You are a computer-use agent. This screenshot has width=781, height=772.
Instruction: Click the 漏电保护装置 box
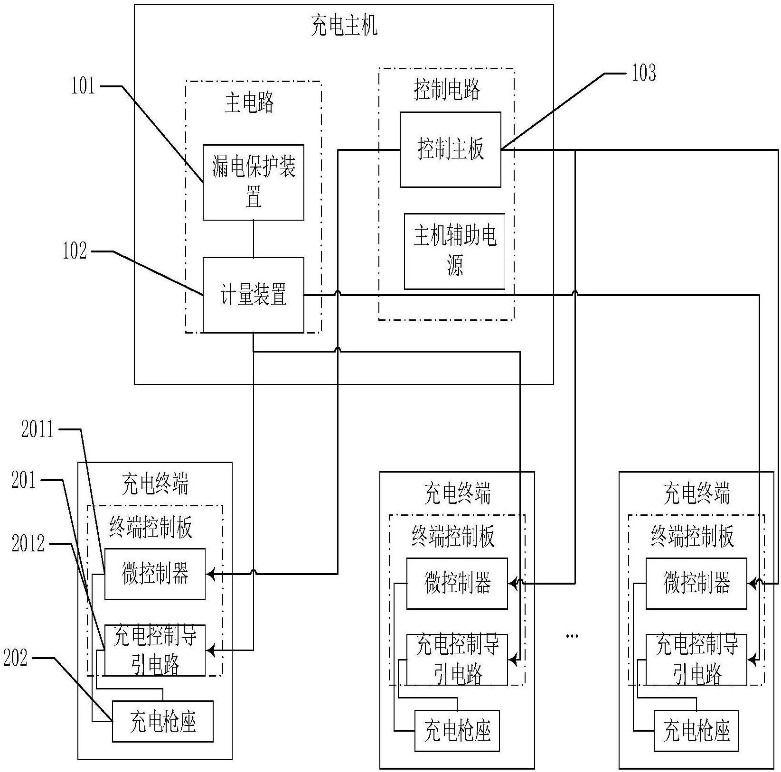tap(253, 182)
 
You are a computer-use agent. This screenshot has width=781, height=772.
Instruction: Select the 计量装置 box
tap(253, 295)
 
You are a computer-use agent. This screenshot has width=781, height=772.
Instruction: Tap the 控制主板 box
tap(450, 149)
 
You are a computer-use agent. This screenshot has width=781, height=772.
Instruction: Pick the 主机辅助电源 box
tap(454, 251)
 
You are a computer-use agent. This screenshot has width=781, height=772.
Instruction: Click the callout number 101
tap(83, 86)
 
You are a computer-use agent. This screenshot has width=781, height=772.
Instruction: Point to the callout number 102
tap(75, 251)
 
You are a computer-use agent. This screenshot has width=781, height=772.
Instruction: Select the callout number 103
tap(644, 73)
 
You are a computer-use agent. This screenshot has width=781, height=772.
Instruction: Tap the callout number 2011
tap(37, 430)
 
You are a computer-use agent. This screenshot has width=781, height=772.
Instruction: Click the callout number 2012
tap(28, 543)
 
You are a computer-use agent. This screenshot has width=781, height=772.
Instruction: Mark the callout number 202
tap(15, 658)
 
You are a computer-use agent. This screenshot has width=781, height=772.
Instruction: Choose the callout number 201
tap(24, 480)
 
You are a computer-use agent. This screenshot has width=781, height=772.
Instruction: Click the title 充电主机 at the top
tap(344, 26)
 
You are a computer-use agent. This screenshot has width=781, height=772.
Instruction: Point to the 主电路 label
tap(249, 103)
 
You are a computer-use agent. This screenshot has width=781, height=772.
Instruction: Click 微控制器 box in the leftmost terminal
tap(155, 574)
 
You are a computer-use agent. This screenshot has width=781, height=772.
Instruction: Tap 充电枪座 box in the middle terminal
tap(457, 731)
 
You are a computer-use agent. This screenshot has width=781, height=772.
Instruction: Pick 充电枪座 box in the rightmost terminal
tap(696, 731)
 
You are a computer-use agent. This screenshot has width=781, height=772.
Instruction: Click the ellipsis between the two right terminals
tap(572, 635)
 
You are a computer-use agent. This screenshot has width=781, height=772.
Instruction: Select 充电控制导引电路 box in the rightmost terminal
tap(696, 660)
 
